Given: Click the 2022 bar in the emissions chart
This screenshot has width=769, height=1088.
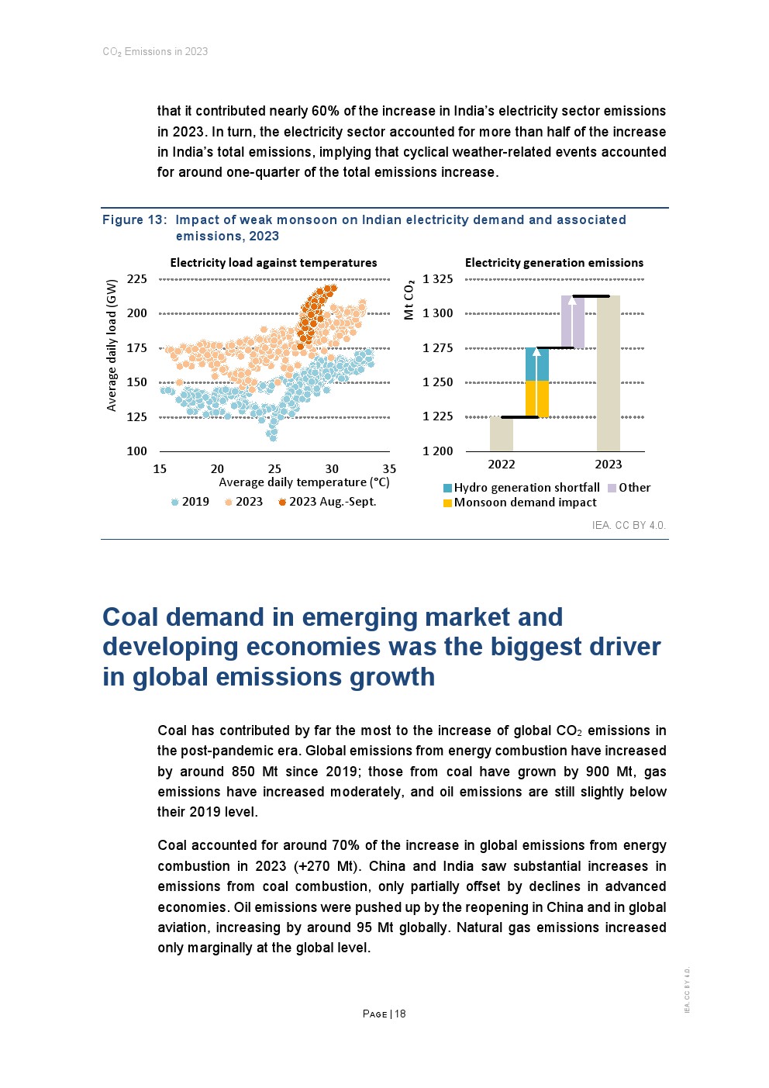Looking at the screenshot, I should pos(502,434).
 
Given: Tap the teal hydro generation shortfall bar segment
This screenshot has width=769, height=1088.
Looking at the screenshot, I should pos(537,364).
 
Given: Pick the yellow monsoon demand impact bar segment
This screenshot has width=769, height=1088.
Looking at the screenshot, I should pos(537,399).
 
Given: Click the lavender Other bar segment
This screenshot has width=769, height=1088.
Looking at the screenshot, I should pos(573,322).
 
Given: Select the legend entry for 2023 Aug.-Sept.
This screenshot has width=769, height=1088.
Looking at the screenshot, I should pos(327,502).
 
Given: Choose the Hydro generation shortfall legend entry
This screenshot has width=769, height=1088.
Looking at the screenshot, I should pos(521,488).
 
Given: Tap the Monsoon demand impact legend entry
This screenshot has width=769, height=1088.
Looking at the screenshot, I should pos(519,503).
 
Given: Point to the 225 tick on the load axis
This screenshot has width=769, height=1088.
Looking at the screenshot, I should pos(137,279).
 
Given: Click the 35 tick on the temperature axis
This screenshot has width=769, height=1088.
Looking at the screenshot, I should pos(389,469).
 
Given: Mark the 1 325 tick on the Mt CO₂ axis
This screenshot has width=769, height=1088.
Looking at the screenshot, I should pos(438,279).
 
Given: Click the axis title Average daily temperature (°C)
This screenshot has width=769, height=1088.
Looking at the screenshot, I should pos(304,482).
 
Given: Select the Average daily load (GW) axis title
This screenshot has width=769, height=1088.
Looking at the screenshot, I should pos(112,345).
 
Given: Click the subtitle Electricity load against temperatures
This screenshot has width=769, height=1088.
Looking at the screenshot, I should pos(274,263).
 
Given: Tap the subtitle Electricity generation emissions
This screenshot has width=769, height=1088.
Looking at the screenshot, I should pos(553,263).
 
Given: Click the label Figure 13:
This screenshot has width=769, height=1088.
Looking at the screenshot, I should pos(134,220).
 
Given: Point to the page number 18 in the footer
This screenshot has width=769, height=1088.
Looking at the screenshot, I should pos(400,1014).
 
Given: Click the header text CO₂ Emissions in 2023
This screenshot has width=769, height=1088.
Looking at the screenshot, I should pos(155,52).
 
